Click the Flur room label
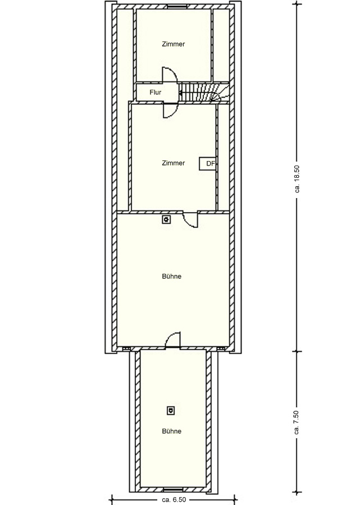(x=156, y=93)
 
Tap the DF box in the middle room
(x=208, y=164)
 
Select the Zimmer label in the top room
(x=174, y=44)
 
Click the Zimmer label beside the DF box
(x=174, y=163)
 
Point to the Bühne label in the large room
(x=171, y=276)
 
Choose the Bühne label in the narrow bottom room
(x=171, y=431)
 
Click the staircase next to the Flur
(x=204, y=93)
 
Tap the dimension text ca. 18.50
(x=297, y=179)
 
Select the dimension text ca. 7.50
(x=297, y=422)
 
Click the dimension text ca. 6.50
(x=174, y=499)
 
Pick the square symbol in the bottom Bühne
(x=171, y=411)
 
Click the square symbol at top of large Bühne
(x=166, y=219)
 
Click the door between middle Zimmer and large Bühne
(x=191, y=219)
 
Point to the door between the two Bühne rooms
(x=174, y=339)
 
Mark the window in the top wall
(x=174, y=6)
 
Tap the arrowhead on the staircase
(x=180, y=93)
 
